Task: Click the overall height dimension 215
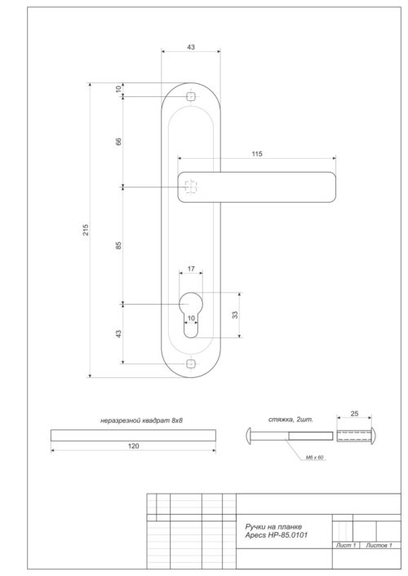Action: point(86,230)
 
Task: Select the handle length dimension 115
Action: point(258,154)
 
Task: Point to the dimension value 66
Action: point(118,141)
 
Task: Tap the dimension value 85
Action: point(118,245)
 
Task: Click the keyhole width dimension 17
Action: point(190,268)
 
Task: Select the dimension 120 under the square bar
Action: point(134,446)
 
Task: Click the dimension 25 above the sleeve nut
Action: point(354,413)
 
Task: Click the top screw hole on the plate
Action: point(191,97)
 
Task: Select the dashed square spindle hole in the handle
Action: point(190,187)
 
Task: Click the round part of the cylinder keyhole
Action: point(190,304)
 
